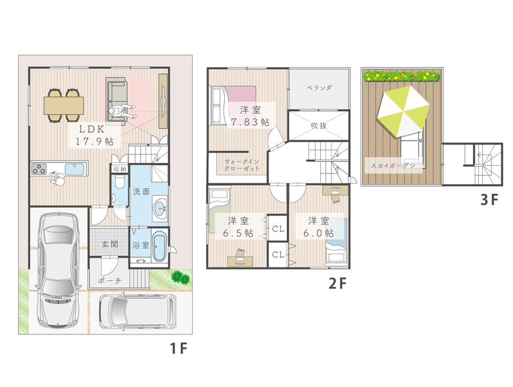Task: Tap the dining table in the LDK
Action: (64, 106)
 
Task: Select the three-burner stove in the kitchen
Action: (39, 169)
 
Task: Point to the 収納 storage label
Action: (120, 169)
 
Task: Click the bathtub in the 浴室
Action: (160, 246)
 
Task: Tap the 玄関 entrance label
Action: (110, 244)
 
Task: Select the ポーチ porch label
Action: (110, 281)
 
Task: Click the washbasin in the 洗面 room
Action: (161, 206)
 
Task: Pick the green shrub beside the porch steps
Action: (180, 277)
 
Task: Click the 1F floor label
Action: (179, 348)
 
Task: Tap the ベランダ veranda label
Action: (319, 87)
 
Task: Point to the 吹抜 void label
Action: (319, 125)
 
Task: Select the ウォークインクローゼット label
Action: (242, 165)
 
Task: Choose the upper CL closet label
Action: (278, 229)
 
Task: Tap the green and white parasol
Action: (403, 110)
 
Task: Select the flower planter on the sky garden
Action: (401, 76)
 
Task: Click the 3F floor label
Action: (489, 199)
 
